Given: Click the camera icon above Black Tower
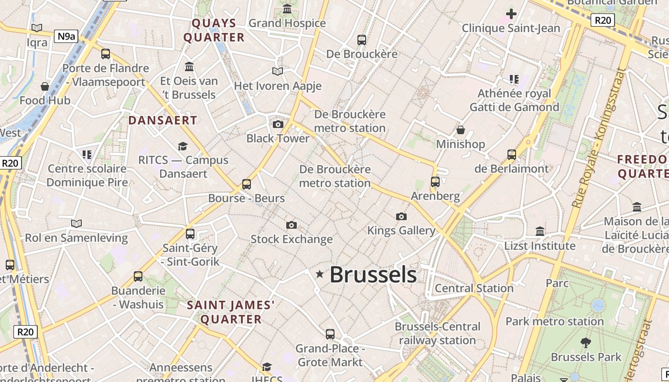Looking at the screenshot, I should click(x=278, y=125).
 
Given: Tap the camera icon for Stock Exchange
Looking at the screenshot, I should click(x=291, y=225).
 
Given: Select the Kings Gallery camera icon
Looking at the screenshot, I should click(x=401, y=217).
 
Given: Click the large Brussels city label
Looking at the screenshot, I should click(x=373, y=275).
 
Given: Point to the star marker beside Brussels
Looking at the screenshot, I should click(x=320, y=274).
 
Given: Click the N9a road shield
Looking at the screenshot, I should click(x=66, y=36).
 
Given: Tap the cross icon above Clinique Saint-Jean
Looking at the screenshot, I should click(x=511, y=13).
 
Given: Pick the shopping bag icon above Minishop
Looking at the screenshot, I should click(x=461, y=130).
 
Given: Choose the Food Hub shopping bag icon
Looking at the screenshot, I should click(x=45, y=86).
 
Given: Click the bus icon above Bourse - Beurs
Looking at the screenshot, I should click(x=247, y=184).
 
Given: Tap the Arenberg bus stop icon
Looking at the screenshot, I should click(x=435, y=181).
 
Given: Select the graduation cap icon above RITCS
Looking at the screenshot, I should click(x=183, y=146).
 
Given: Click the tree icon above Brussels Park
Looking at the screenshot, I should click(x=585, y=343).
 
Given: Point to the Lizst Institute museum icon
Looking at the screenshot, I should click(x=540, y=232).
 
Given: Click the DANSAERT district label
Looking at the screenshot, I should click(x=162, y=120).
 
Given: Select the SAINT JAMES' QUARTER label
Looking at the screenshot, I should click(x=231, y=312).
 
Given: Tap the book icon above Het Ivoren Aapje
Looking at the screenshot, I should click(x=278, y=72).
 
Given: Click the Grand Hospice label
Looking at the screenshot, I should click(x=287, y=23).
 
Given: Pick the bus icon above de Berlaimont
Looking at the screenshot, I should click(x=512, y=155).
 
